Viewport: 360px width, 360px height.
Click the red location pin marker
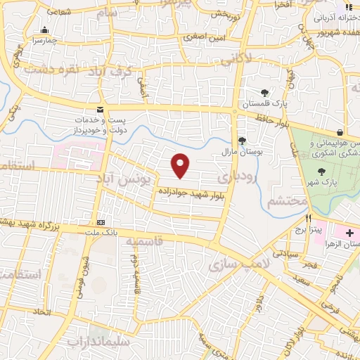181,165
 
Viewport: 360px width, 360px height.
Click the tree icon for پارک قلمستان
264,92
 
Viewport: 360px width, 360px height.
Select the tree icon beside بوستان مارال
242,140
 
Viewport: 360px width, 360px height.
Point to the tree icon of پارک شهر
321,171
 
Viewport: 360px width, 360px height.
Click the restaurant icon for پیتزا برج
307,218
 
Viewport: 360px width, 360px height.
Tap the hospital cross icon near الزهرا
349,232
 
